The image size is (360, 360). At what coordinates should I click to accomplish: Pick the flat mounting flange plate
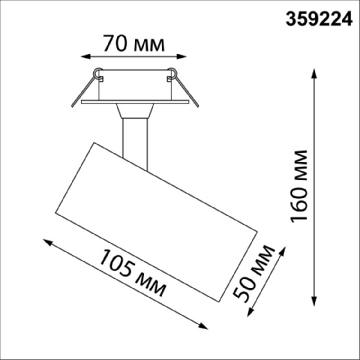pos(136,104)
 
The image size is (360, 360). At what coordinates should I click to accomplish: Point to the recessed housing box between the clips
pos(136,88)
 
